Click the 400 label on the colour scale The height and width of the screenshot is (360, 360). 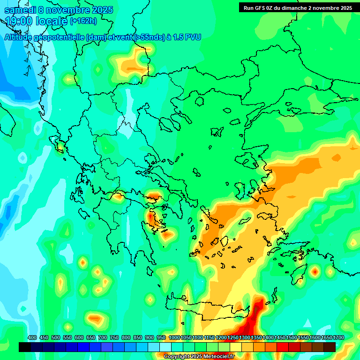click(x=32, y=337)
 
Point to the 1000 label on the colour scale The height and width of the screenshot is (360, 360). click(x=174, y=337)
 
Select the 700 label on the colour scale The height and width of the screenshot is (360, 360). click(x=103, y=337)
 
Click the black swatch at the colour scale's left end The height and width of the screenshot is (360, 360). click(x=25, y=347)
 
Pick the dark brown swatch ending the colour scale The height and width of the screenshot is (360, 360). click(x=330, y=347)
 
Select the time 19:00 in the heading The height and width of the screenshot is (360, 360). click(x=19, y=22)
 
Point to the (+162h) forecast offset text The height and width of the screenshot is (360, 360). click(x=83, y=21)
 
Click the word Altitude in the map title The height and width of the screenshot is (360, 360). click(x=20, y=37)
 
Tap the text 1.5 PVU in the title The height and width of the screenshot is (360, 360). click(x=187, y=37)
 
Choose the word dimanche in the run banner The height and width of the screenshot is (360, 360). click(x=293, y=8)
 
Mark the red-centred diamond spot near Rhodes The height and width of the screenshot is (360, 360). click(x=315, y=271)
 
